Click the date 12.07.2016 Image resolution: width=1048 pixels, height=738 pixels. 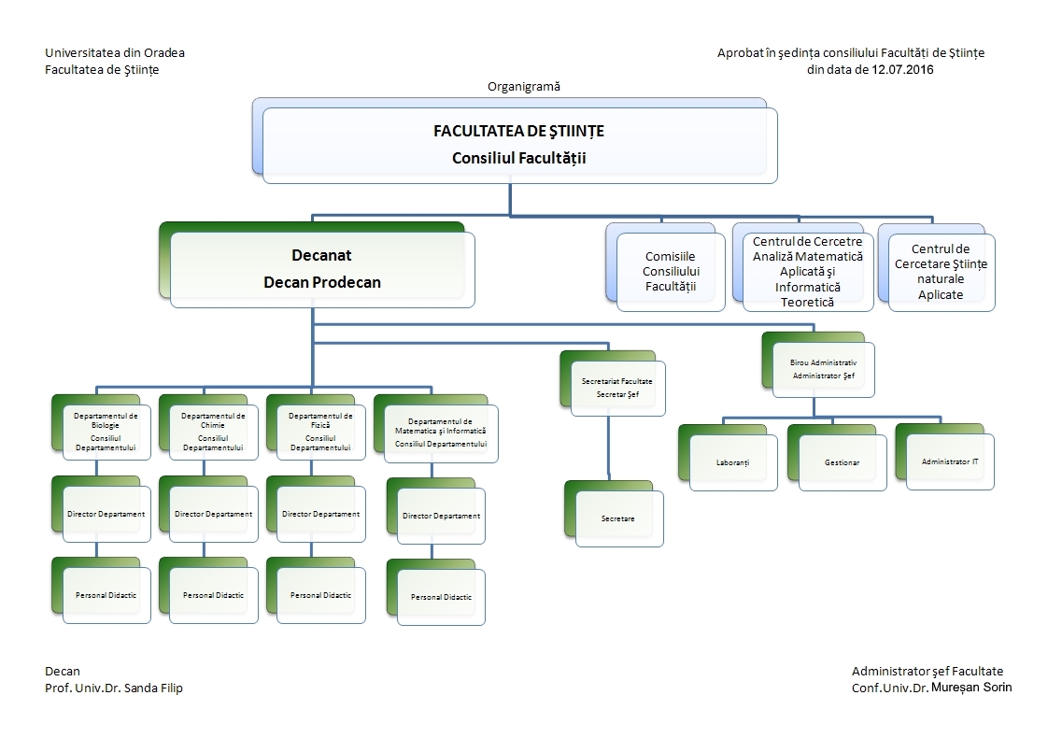[x=902, y=69]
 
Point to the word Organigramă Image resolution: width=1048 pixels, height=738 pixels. [x=524, y=86]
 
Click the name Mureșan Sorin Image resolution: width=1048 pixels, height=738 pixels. [x=971, y=688]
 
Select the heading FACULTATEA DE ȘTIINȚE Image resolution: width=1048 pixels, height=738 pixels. [x=518, y=131]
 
